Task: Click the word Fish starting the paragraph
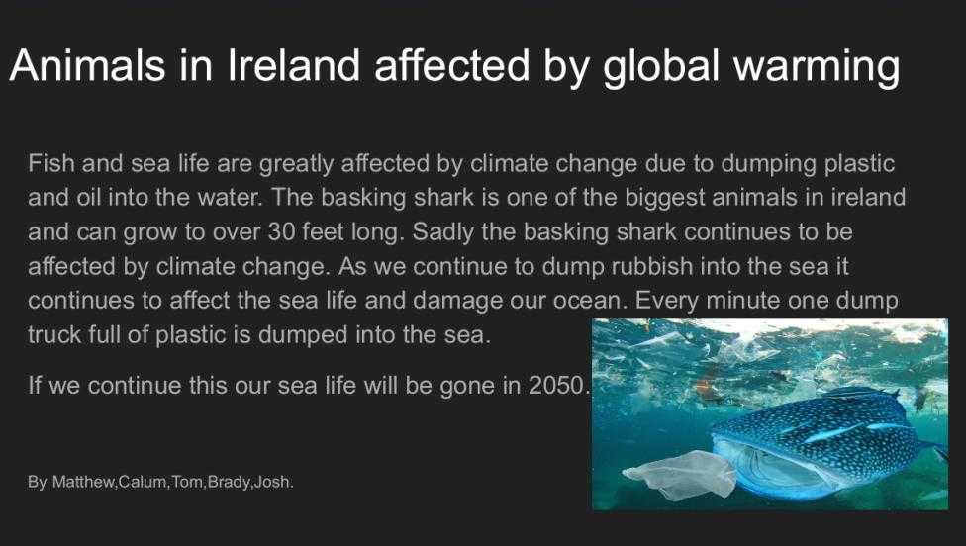tap(51, 164)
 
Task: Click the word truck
tap(54, 335)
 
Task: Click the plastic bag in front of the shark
tap(680, 475)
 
